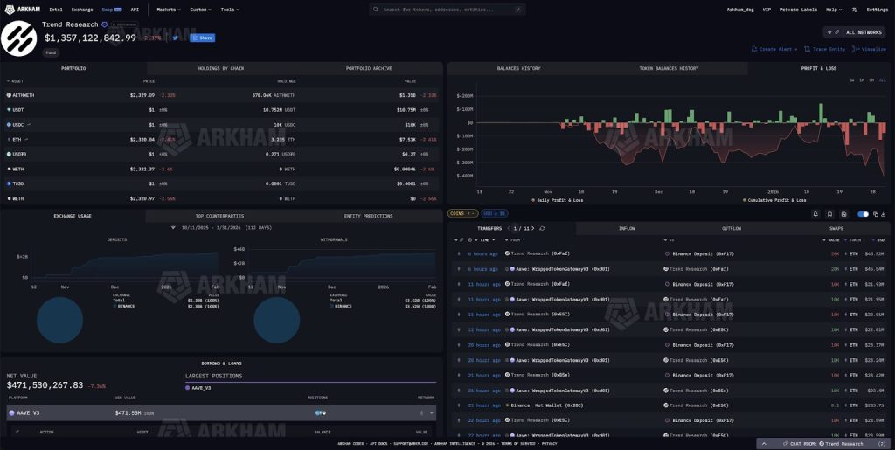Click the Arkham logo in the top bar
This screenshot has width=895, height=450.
coord(23,9)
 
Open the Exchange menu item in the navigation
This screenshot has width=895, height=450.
coord(82,9)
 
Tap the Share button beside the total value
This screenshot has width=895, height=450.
coord(203,38)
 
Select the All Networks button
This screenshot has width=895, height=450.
coord(859,31)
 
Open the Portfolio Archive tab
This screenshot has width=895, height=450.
coord(369,68)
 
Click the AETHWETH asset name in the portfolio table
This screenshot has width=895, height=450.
coord(24,94)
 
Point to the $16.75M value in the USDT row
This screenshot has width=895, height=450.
coord(408,110)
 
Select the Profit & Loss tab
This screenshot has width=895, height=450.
coord(818,68)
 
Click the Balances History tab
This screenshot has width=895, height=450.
coord(519,68)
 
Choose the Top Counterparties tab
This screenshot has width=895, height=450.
coord(219,215)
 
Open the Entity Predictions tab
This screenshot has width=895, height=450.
coord(369,215)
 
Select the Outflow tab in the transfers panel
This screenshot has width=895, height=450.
coord(731,229)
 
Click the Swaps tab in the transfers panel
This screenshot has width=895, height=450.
coord(836,229)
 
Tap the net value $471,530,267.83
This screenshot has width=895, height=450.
coord(45,384)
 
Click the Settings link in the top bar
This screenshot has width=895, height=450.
coord(877,9)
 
